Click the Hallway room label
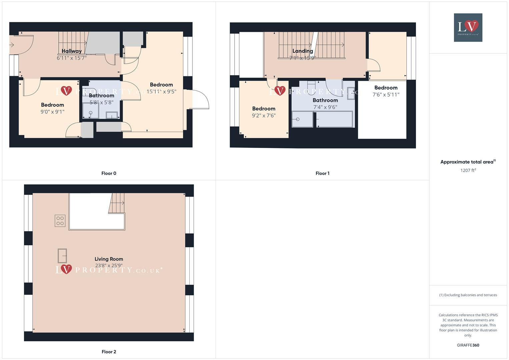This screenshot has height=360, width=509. [x=72, y=51]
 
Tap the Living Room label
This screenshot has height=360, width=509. [x=109, y=259]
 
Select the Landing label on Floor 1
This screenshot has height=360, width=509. [x=303, y=51]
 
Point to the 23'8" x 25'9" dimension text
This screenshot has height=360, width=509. [x=109, y=266]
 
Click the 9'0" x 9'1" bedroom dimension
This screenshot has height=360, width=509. [x=52, y=112]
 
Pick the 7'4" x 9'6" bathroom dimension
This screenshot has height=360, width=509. [x=325, y=107]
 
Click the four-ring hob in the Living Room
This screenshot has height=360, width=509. [x=60, y=221]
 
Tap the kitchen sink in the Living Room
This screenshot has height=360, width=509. [x=62, y=256]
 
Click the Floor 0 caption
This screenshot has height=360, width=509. [x=109, y=173]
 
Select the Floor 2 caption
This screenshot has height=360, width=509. [x=109, y=352]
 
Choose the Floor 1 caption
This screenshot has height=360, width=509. [x=322, y=173]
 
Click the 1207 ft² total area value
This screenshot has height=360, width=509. [x=468, y=170]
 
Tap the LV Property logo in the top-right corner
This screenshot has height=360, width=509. [x=468, y=27]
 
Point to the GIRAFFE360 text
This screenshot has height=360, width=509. [x=468, y=345]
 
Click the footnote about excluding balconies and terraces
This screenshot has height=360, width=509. [x=468, y=295]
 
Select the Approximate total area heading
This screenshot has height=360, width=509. [x=468, y=162]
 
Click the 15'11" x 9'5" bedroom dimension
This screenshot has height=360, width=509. [x=161, y=92]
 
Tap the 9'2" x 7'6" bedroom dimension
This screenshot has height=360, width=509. [x=264, y=116]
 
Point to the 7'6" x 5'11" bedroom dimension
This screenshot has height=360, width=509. [x=386, y=95]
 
